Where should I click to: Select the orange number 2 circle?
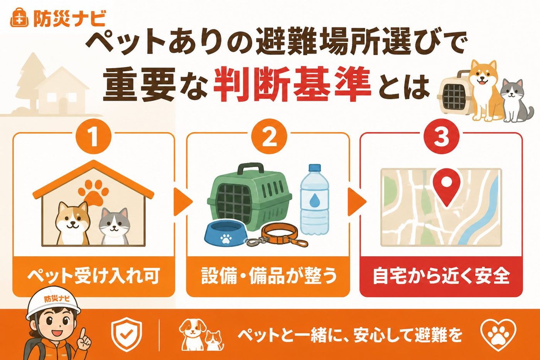coord(269,136)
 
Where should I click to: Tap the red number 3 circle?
coord(441,137)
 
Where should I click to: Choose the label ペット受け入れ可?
coord(93,276)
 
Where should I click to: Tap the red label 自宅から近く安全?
coord(441,276)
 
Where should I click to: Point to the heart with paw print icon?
coord(498,336)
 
